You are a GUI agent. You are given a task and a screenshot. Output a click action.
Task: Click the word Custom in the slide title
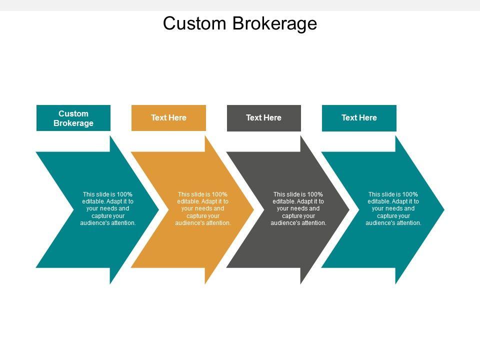tap(194, 23)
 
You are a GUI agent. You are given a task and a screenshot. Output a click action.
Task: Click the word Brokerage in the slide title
tap(275, 24)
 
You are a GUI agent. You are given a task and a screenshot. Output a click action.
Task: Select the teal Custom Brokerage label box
tap(73, 118)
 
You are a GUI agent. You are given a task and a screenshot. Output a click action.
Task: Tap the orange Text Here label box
tap(168, 118)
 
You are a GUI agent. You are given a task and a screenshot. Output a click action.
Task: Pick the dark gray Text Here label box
tap(264, 118)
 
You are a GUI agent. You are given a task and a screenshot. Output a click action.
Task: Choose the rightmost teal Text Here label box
tap(359, 118)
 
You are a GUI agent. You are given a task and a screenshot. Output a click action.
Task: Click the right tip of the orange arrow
tap(254, 209)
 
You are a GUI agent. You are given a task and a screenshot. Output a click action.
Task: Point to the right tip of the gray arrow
tap(349, 209)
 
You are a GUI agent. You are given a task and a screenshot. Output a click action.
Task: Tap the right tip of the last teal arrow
tap(444, 209)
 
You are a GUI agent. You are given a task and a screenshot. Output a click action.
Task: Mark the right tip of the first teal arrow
tap(159, 209)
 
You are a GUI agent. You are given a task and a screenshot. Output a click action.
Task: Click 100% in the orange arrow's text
tap(219, 194)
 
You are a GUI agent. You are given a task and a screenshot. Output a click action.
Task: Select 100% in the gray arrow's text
tap(315, 194)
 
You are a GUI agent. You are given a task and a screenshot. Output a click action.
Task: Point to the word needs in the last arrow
tap(393, 208)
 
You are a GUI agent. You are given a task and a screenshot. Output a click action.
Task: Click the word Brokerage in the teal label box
tap(73, 123)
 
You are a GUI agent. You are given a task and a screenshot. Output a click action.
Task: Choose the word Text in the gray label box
tap(254, 118)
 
